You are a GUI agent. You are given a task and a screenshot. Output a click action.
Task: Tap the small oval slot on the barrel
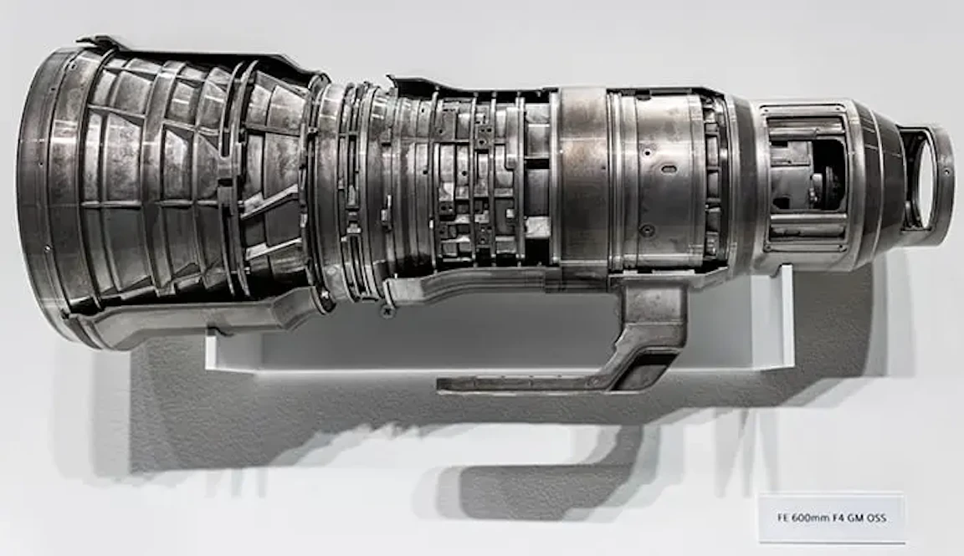[668, 169]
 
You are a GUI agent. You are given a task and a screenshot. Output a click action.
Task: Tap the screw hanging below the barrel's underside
[386, 311]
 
